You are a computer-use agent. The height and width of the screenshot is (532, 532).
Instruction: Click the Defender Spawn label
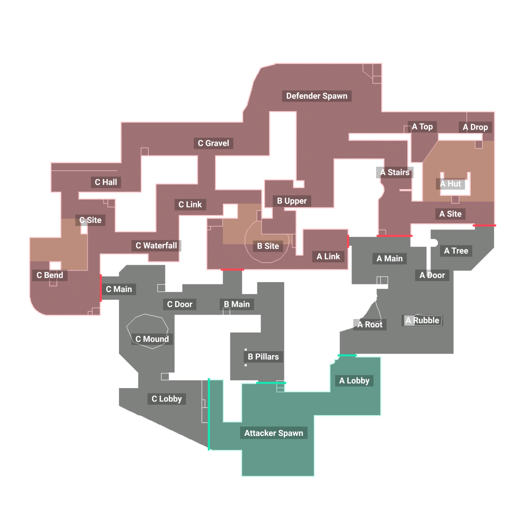[x=316, y=96]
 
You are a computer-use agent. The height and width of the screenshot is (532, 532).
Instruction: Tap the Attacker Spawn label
[x=273, y=433]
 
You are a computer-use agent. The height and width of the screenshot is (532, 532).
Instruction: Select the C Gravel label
[x=213, y=143]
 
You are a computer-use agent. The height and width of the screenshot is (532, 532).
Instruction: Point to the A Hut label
[x=450, y=184]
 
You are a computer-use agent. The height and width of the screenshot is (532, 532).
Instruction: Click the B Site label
[x=268, y=246]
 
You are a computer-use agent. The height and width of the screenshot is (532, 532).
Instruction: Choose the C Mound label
[x=152, y=339]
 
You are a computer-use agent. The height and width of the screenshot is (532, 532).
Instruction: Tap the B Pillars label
[x=263, y=357]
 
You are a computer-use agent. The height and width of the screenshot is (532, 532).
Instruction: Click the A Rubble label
[x=422, y=320]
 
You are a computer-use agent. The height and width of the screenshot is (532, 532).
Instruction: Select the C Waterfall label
[x=156, y=245]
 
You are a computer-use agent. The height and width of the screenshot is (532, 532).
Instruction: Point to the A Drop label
[x=475, y=127]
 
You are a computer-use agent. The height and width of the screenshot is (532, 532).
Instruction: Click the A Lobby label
[x=354, y=381]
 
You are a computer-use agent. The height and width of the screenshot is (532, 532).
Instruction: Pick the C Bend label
[x=50, y=275]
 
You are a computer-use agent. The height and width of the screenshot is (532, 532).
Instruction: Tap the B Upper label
[x=292, y=201]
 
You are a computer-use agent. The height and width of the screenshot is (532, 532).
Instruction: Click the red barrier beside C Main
[x=101, y=288]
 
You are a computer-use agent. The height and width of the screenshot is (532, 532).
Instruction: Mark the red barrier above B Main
[x=232, y=270]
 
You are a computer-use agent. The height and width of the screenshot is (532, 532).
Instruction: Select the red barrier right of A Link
[x=349, y=241]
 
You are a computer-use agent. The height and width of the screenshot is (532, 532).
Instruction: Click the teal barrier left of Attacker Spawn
[x=209, y=414]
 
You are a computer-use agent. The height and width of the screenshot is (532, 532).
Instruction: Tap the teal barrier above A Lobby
[x=347, y=355]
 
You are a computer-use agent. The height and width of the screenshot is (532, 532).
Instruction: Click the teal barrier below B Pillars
[x=271, y=383]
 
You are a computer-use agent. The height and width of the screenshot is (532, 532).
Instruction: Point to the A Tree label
[x=456, y=251]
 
